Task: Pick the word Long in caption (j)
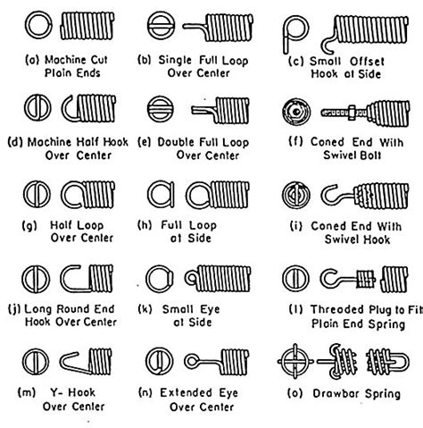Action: coord(43,308)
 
